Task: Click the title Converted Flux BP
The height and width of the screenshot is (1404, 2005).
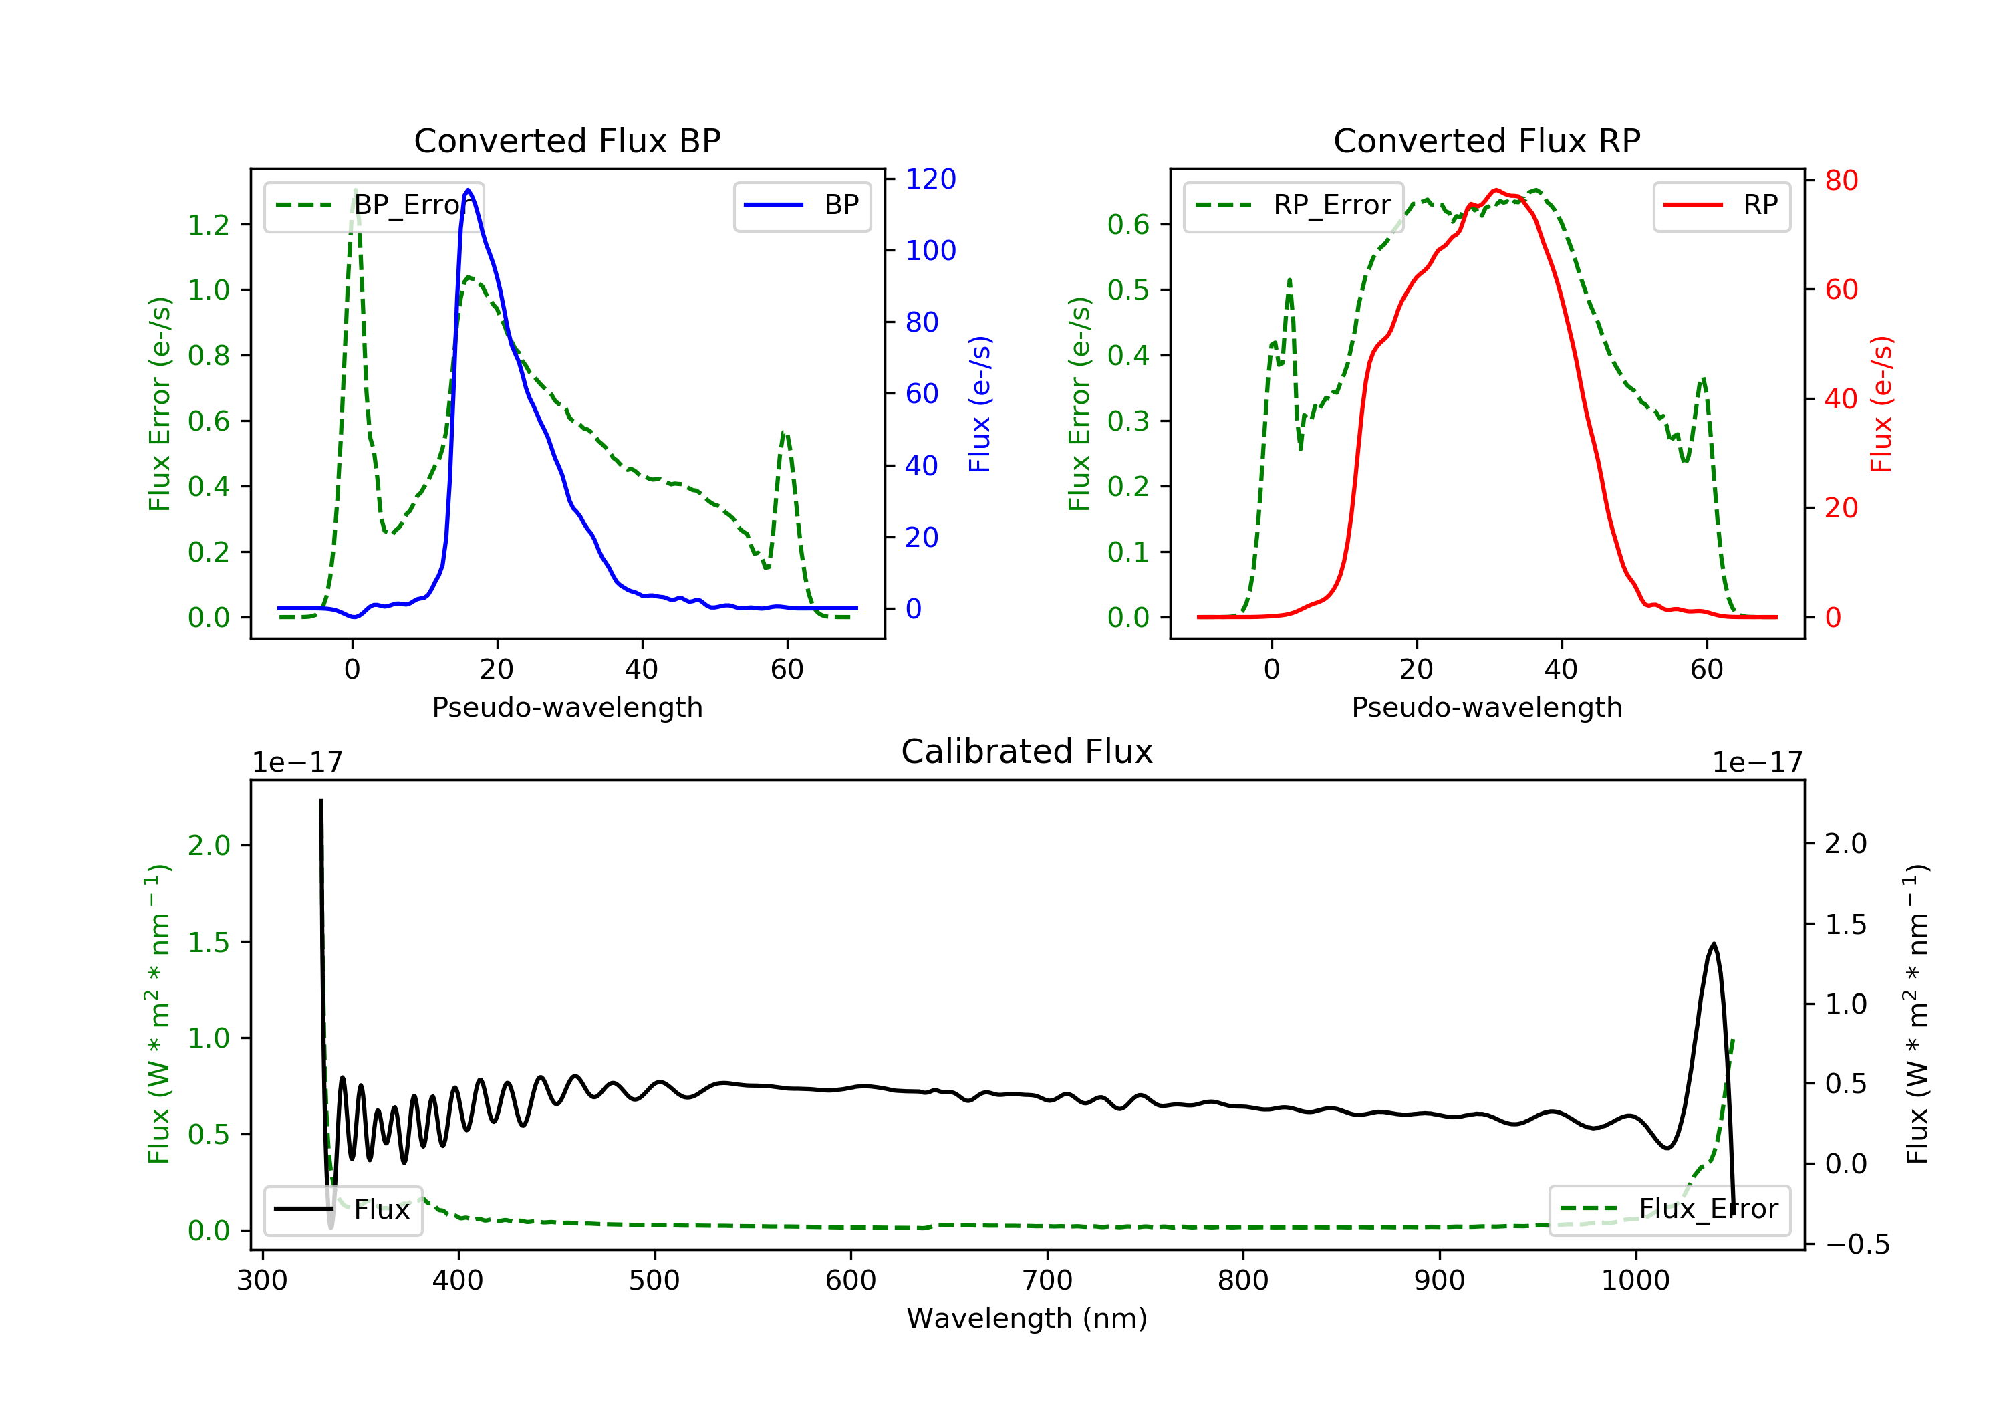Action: click(567, 140)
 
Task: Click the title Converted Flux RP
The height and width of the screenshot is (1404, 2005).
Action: click(1487, 140)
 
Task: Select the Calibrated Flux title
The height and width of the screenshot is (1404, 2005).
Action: click(1027, 751)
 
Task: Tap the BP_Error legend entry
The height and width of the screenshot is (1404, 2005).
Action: click(374, 205)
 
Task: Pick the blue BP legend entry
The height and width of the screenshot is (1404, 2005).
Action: click(801, 205)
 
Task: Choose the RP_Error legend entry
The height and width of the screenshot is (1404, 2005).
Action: click(1293, 205)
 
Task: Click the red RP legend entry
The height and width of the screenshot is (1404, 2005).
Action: click(1721, 205)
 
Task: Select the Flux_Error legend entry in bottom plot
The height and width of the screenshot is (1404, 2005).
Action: click(1669, 1209)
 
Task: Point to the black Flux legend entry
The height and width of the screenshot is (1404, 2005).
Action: click(342, 1209)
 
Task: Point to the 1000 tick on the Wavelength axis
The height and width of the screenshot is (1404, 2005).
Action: click(1635, 1281)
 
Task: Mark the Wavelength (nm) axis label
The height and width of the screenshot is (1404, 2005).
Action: click(1027, 1318)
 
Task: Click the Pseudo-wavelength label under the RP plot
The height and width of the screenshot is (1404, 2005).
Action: click(1487, 707)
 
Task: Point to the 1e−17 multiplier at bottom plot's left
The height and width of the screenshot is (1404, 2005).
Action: click(298, 763)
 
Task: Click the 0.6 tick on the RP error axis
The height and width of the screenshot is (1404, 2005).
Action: click(1129, 225)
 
